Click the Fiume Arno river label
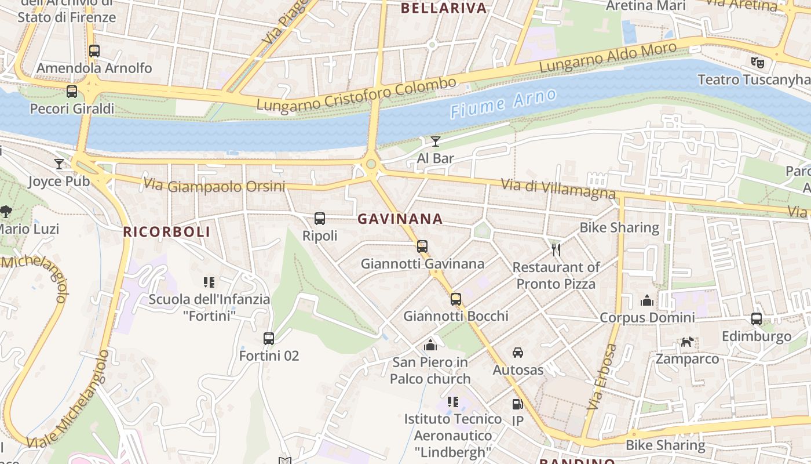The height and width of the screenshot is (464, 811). (503, 103)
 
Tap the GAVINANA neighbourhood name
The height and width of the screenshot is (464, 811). (400, 219)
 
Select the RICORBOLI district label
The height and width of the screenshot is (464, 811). (166, 232)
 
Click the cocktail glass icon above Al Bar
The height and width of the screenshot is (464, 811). (436, 141)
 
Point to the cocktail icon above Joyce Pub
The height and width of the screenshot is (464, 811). (59, 164)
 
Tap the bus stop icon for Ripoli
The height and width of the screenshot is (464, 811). (320, 219)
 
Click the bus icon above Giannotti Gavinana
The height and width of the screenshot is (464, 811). (422, 246)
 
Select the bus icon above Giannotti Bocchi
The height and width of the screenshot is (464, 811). (456, 299)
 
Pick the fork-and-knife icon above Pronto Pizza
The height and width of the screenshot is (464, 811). (556, 250)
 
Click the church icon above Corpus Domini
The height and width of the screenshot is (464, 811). (647, 300)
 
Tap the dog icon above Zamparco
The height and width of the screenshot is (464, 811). (686, 342)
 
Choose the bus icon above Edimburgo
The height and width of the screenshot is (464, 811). (757, 318)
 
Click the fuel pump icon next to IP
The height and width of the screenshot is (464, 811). (517, 404)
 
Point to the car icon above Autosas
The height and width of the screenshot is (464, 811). (518, 352)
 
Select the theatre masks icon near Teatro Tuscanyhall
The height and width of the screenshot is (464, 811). (756, 61)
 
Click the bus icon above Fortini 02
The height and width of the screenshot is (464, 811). (269, 338)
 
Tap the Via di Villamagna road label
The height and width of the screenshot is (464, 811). (558, 189)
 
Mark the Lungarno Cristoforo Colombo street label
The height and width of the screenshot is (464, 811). (356, 95)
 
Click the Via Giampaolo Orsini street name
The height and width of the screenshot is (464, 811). (214, 186)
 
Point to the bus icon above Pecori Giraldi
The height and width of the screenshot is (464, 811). (72, 92)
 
